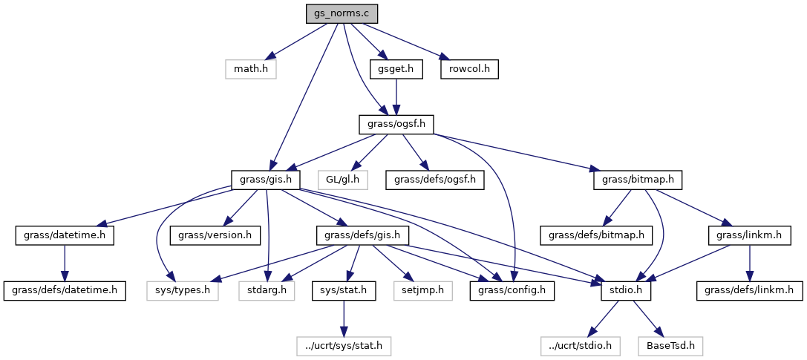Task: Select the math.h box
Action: (251, 69)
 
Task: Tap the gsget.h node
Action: (396, 69)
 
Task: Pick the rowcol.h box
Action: (468, 69)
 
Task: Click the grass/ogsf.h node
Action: (396, 124)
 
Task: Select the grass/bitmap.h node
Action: (638, 180)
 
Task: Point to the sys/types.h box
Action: (183, 290)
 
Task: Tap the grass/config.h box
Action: (512, 290)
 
